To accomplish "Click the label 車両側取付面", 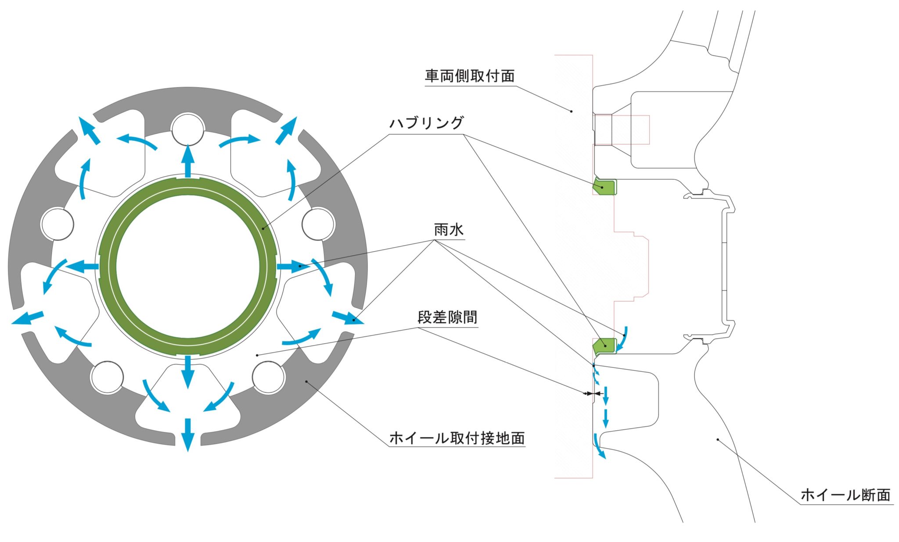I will click(469, 76).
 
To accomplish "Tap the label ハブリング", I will click(426, 123).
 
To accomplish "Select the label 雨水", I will click(448, 230).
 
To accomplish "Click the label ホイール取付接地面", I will click(457, 438).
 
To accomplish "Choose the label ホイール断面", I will click(845, 495).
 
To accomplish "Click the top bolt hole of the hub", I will click(188, 129).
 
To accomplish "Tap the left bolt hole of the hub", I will click(57, 224).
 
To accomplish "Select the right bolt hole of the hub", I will click(319, 224).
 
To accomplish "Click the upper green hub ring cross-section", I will click(604, 186).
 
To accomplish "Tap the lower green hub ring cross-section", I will click(604, 346).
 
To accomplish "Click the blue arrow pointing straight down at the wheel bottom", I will click(188, 434).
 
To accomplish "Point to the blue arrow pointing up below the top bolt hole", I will click(188, 160).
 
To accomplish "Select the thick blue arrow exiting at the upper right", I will click(286, 130).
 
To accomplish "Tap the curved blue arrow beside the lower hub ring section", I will click(622, 339).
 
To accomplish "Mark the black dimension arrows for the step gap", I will click(592, 394).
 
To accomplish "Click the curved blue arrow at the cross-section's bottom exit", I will click(599, 446).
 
